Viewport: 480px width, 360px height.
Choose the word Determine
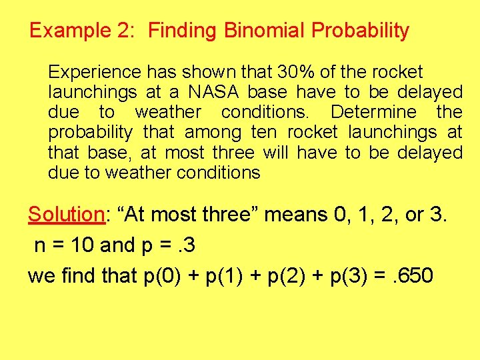(x=373, y=112)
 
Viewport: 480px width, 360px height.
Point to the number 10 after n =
(x=81, y=246)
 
